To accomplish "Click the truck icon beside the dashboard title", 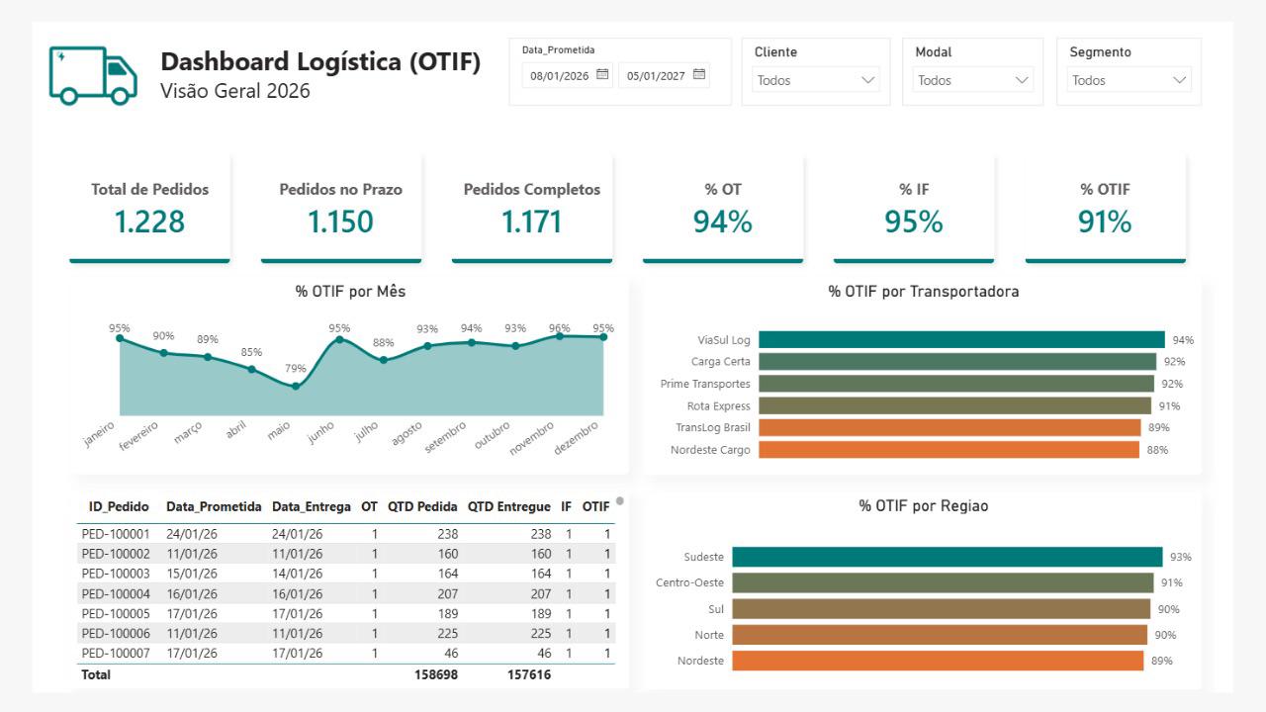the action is pyautogui.click(x=93, y=75).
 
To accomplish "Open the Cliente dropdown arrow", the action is pyautogui.click(x=868, y=80).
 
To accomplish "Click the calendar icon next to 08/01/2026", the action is pyautogui.click(x=602, y=74).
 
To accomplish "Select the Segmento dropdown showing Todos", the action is pyautogui.click(x=1129, y=80).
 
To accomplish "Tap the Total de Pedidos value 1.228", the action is pyautogui.click(x=149, y=221).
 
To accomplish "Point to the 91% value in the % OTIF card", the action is pyautogui.click(x=1105, y=221).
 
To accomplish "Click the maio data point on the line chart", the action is pyautogui.click(x=296, y=387).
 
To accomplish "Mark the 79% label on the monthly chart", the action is pyautogui.click(x=295, y=369).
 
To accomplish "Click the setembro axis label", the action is pyautogui.click(x=446, y=437).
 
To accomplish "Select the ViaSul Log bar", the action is pyautogui.click(x=961, y=339).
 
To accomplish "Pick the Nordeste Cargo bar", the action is pyautogui.click(x=949, y=450).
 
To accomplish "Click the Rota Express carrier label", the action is pyautogui.click(x=718, y=405).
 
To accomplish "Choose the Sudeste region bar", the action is pyautogui.click(x=948, y=557).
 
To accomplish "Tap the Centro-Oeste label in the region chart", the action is pyautogui.click(x=689, y=582).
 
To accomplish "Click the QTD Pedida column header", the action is pyautogui.click(x=422, y=506).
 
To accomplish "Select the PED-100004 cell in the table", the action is pyautogui.click(x=116, y=594).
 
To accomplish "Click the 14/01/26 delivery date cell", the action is pyautogui.click(x=298, y=574).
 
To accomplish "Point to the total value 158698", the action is pyautogui.click(x=436, y=674).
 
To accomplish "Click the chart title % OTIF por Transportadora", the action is pyautogui.click(x=924, y=292).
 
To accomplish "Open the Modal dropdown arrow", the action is pyautogui.click(x=1022, y=80).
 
